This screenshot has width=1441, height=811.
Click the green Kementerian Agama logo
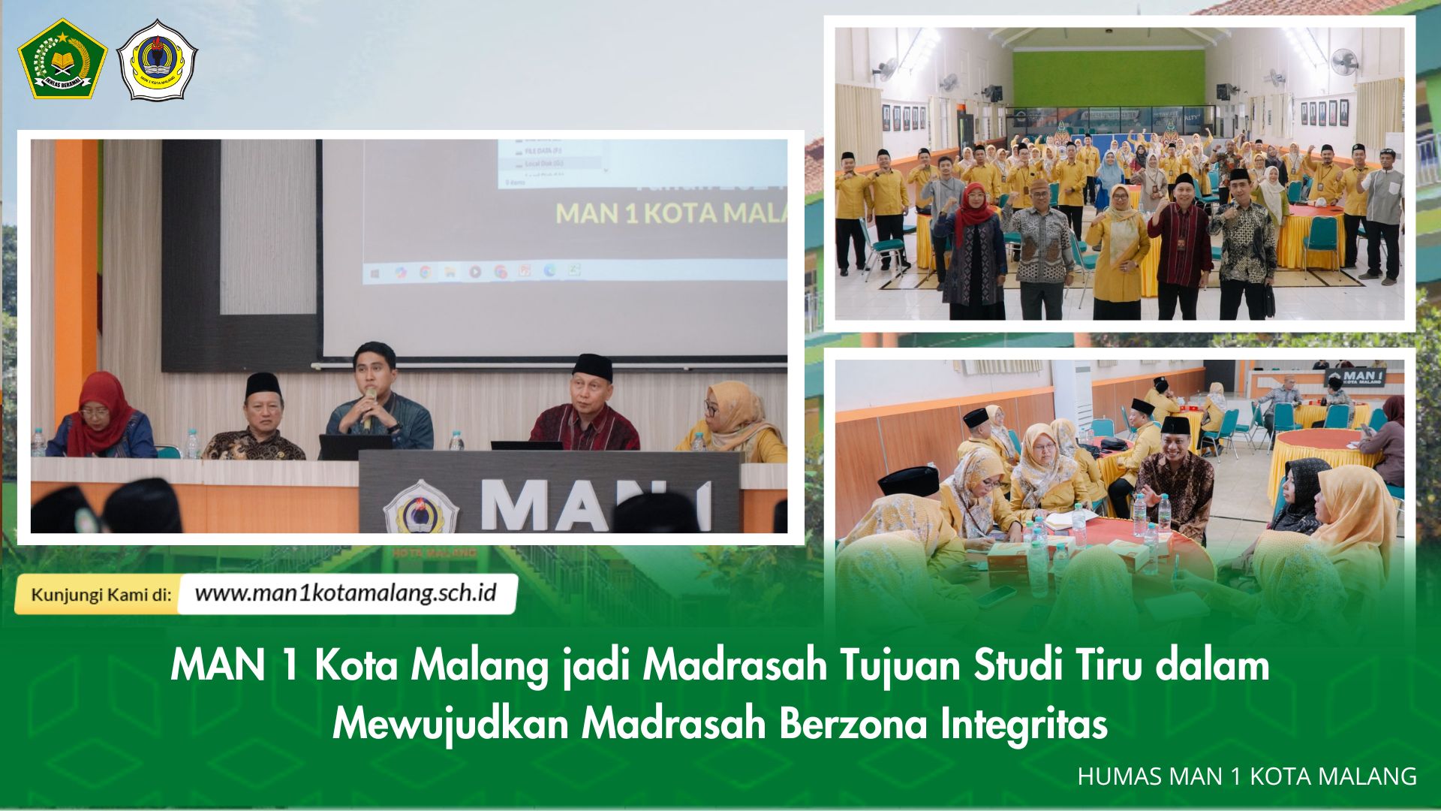tap(62, 59)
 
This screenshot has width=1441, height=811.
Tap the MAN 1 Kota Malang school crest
tap(158, 60)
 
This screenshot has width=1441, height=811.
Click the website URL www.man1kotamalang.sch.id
tap(345, 593)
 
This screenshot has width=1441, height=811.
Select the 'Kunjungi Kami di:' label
tap(101, 595)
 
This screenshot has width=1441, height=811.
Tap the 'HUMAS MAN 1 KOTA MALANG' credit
tap(1247, 776)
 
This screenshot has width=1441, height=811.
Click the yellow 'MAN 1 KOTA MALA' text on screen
tap(671, 213)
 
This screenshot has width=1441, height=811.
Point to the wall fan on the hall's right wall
tap(1343, 61)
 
